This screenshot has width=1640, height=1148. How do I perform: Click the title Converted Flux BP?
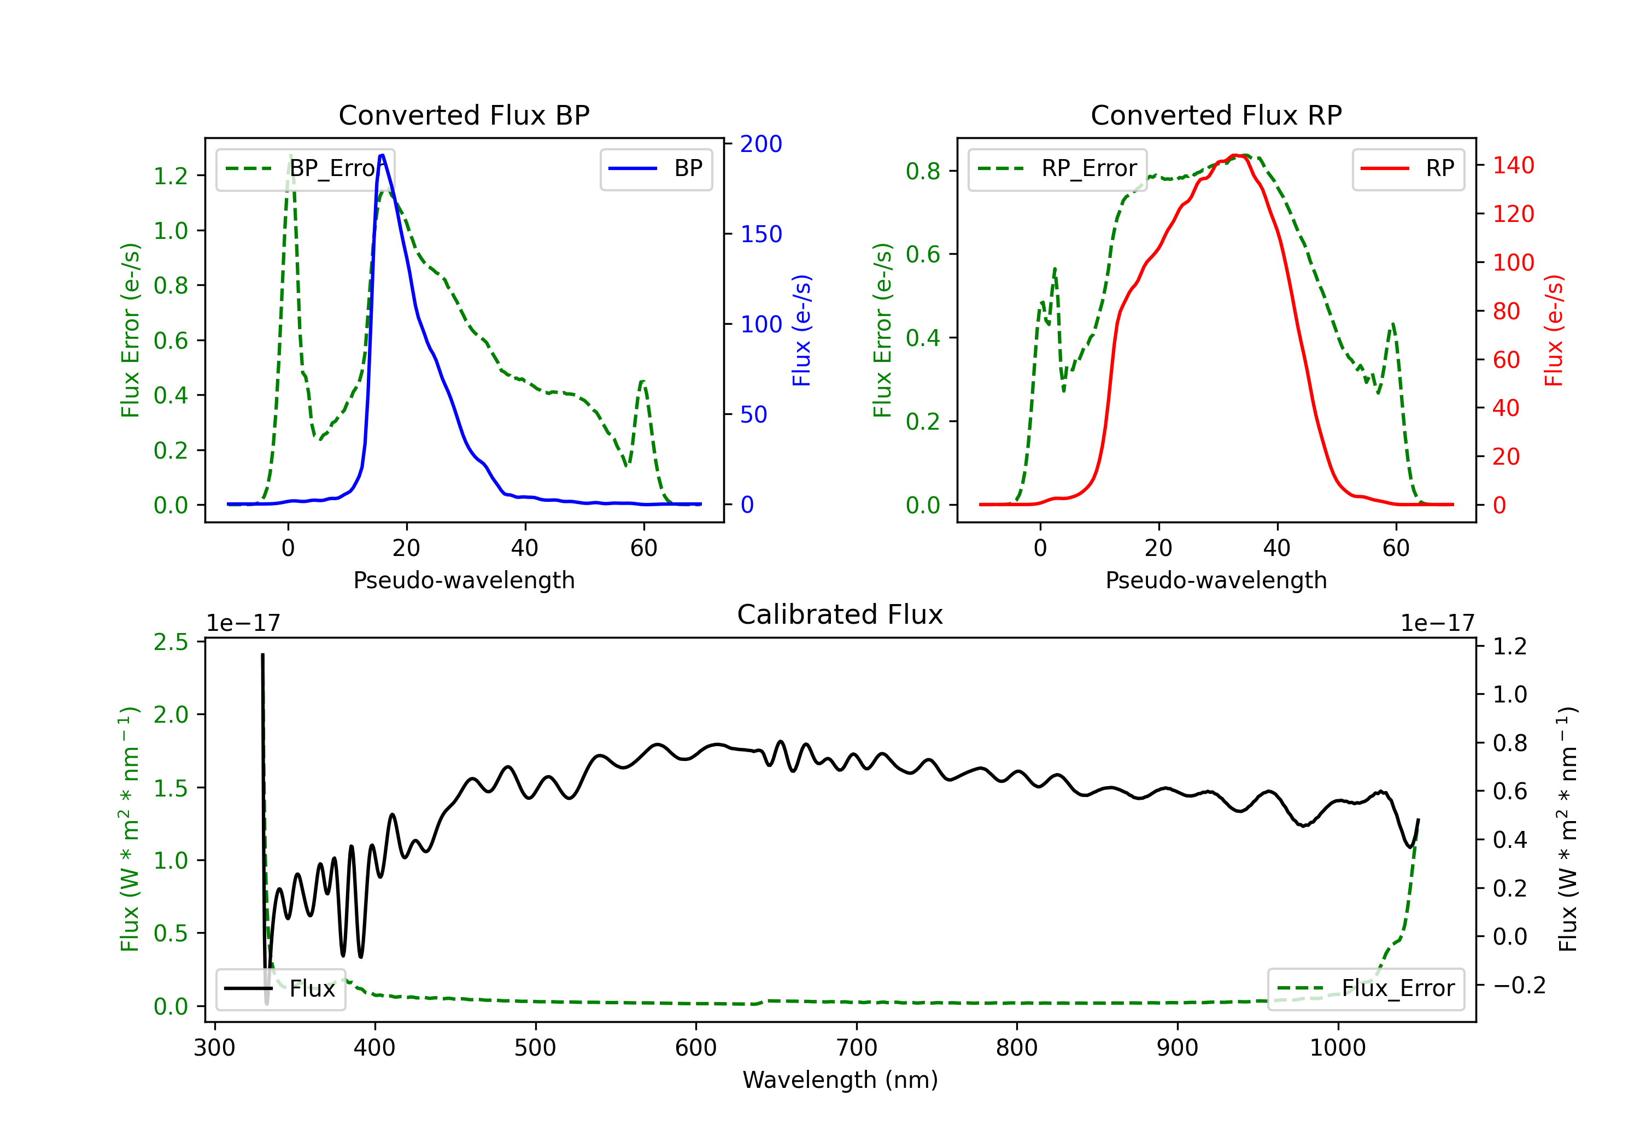[464, 115]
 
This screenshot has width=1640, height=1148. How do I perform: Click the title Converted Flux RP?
[1216, 115]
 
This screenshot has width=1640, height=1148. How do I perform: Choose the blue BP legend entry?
[655, 168]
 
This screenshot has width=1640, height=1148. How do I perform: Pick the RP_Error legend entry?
[1057, 168]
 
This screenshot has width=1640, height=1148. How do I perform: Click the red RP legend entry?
[1408, 168]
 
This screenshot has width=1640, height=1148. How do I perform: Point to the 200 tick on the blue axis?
[761, 144]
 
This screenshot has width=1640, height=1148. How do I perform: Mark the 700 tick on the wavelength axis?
[856, 1047]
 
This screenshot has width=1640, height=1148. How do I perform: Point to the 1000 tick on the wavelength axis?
[1337, 1047]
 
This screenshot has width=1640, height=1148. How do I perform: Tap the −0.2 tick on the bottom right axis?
[1519, 985]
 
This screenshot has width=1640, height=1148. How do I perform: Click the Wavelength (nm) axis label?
[840, 1080]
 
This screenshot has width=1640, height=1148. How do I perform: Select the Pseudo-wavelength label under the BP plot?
[464, 580]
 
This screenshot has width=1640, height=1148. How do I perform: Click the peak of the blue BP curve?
[382, 155]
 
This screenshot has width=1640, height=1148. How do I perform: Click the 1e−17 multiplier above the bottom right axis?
[1437, 623]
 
